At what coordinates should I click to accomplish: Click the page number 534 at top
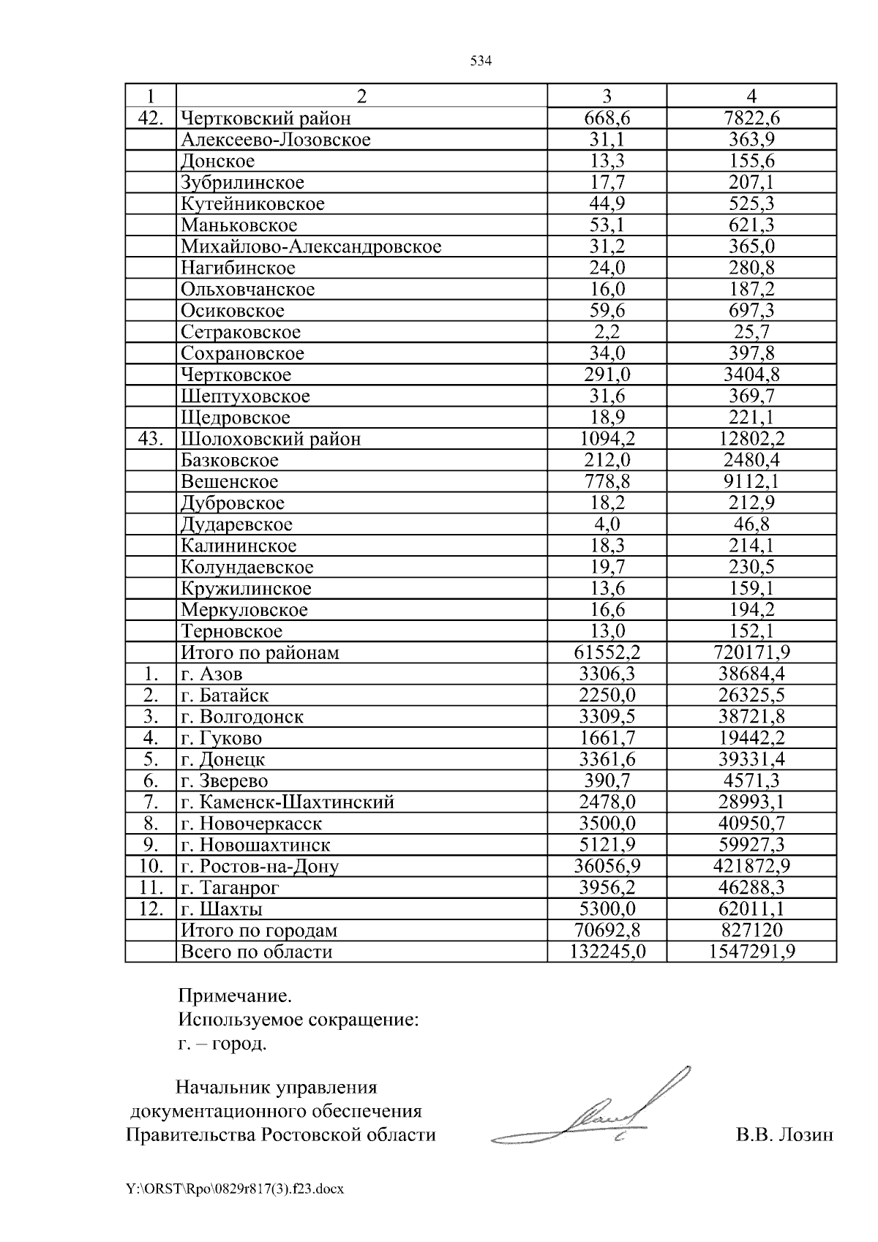[480, 61]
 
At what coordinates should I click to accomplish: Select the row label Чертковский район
[266, 118]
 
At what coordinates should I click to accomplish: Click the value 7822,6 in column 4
[751, 118]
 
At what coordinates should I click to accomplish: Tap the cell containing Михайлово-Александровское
[311, 246]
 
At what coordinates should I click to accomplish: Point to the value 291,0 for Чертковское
[607, 375]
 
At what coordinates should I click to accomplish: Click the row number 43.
[151, 439]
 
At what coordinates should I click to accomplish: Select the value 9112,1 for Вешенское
[751, 482]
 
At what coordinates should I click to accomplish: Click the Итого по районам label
[260, 653]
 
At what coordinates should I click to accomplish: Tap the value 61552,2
[607, 653]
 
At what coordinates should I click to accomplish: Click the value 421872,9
[751, 867]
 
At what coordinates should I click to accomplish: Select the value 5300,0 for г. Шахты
[607, 910]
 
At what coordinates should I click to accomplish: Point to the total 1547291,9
[751, 952]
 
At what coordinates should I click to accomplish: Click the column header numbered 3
[607, 97]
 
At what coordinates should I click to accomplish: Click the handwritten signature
[600, 1115]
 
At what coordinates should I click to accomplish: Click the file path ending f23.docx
[235, 1189]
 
